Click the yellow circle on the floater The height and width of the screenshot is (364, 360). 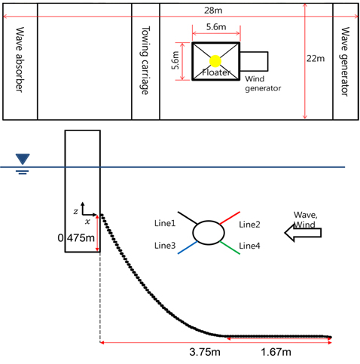click(x=215, y=61)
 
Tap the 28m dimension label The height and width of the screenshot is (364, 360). click(x=213, y=11)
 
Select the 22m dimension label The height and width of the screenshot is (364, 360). click(x=316, y=58)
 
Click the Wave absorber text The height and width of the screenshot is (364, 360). click(x=20, y=60)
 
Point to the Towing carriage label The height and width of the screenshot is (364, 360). click(x=145, y=60)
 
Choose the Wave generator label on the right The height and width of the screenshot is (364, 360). click(x=345, y=62)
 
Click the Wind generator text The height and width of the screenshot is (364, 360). click(x=263, y=84)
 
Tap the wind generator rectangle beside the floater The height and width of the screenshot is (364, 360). click(x=254, y=61)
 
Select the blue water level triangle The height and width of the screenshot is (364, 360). click(x=23, y=159)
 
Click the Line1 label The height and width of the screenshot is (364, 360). click(x=165, y=223)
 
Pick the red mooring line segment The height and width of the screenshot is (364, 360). click(x=230, y=218)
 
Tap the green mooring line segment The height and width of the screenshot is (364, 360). click(x=230, y=248)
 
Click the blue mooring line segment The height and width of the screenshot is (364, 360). click(x=188, y=248)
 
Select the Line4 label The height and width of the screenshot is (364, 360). click(x=249, y=246)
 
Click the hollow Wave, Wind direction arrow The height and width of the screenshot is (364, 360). click(x=303, y=233)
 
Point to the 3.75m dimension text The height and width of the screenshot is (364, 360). click(x=205, y=352)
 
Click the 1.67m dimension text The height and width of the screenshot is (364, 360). click(x=276, y=352)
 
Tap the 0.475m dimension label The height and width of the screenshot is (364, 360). click(x=76, y=237)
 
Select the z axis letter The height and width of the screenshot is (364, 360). click(x=75, y=212)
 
